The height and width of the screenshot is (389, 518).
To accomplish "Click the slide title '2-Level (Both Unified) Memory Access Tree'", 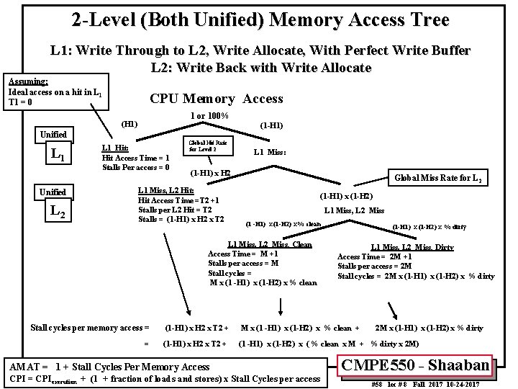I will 260,20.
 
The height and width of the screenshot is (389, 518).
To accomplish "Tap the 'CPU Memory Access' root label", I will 216,99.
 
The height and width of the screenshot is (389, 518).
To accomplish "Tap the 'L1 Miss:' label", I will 271,152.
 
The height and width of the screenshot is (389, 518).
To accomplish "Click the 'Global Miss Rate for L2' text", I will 439,178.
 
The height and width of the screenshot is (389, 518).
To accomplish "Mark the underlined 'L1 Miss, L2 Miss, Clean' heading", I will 270,244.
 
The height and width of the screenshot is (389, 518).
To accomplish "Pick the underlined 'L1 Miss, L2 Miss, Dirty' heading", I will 412,247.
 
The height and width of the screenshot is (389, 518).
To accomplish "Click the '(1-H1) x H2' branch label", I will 210,173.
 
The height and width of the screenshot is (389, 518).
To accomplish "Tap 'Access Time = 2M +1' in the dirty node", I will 375,257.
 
